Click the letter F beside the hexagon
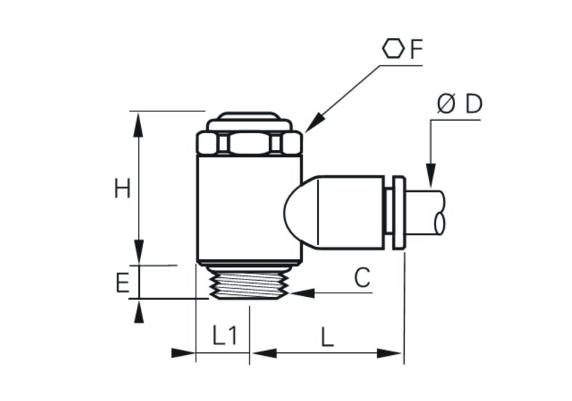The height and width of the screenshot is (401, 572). point(416,49)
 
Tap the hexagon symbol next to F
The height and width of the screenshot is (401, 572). point(394,49)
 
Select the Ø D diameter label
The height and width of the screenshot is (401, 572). point(459,104)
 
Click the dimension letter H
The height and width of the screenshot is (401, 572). point(122,189)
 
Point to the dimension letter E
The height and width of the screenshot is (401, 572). point(123,283)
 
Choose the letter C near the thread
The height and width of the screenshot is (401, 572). point(362,277)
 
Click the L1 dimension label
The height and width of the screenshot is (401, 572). point(225,336)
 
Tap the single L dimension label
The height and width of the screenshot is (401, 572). point(327,337)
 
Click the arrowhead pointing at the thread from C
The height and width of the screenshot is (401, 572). point(302,293)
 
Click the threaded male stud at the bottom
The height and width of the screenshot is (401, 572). point(249,282)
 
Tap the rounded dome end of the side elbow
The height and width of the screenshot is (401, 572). point(301,212)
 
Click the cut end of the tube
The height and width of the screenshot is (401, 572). point(439,213)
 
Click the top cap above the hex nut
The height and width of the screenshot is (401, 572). point(249,122)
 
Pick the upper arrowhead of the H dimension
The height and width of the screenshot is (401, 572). point(138,125)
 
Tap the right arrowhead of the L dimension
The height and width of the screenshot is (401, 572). point(390,354)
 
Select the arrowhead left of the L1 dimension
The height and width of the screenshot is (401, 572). point(183,353)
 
